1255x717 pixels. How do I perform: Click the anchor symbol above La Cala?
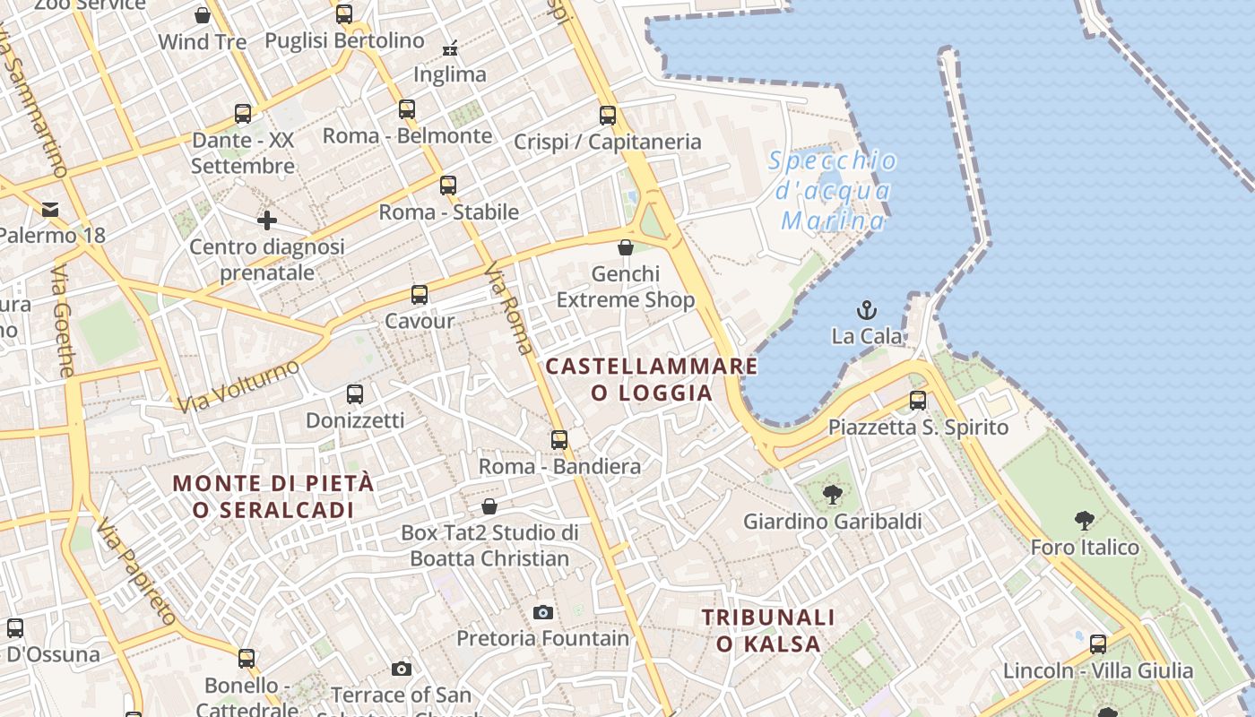click(x=866, y=310)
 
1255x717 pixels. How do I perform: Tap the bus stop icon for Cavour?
click(x=419, y=294)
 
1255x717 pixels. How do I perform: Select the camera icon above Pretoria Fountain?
click(x=542, y=613)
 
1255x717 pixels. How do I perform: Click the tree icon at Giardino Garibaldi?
click(x=833, y=494)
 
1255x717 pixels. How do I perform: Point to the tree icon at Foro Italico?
click(x=1084, y=520)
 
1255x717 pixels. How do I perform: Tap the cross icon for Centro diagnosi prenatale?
click(x=266, y=220)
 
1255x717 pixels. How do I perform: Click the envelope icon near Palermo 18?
click(x=50, y=210)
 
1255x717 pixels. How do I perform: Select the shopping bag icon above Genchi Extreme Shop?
click(x=626, y=247)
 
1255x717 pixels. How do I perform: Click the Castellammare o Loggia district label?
click(x=652, y=379)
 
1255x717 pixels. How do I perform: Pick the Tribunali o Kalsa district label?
click(x=768, y=630)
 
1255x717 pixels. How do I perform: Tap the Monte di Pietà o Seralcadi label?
click(x=273, y=496)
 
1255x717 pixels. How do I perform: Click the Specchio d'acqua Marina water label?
click(x=833, y=190)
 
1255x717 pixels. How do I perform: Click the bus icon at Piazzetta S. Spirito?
click(x=917, y=400)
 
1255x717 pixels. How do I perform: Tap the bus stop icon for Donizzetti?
click(x=355, y=393)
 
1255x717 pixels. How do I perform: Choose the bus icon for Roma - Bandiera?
click(x=559, y=439)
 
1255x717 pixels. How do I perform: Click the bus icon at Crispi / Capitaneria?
click(x=608, y=115)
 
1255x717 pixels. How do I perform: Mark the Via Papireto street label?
click(x=137, y=571)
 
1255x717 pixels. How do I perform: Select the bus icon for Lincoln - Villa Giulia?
click(x=1098, y=644)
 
